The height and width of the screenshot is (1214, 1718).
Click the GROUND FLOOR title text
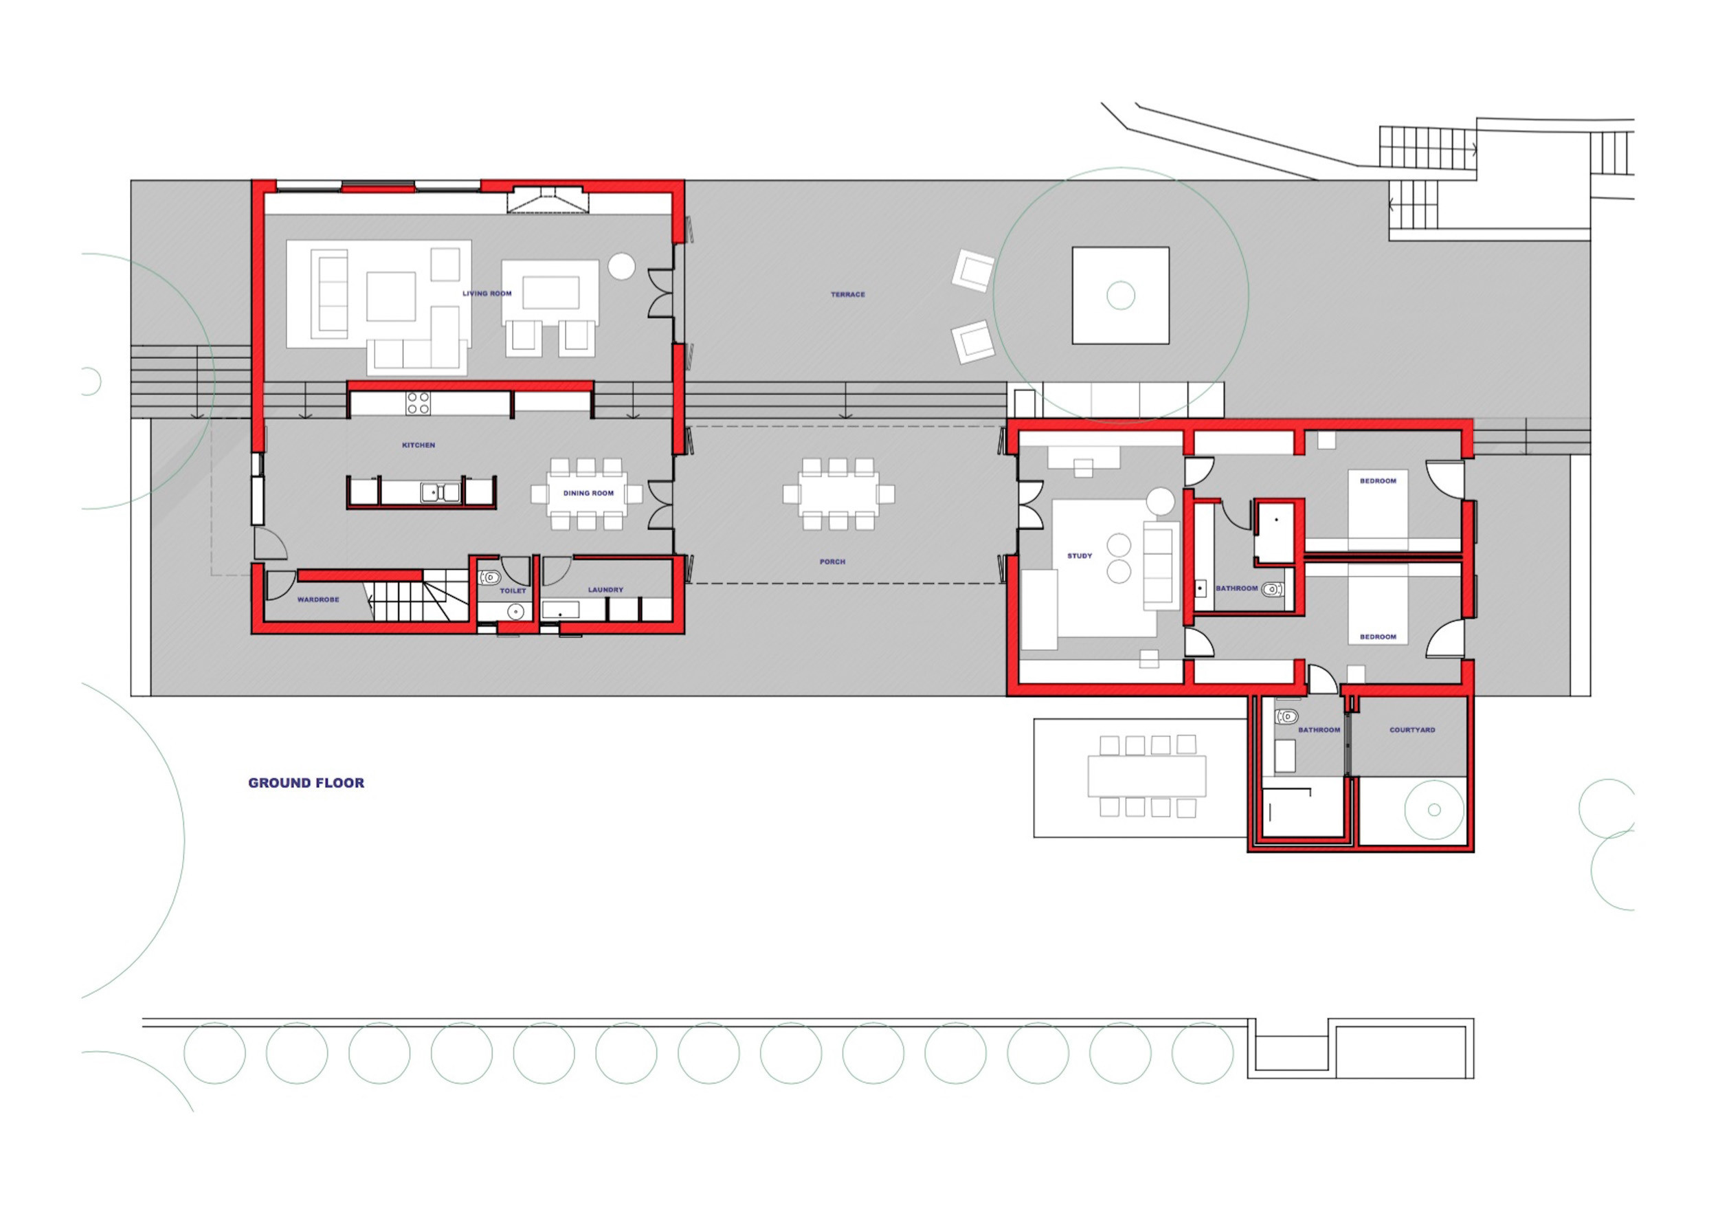(306, 783)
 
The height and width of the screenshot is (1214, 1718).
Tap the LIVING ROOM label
(487, 294)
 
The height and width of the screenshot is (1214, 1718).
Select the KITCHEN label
(419, 445)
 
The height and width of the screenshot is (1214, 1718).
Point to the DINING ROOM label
(588, 494)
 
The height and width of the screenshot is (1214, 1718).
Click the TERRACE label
(848, 295)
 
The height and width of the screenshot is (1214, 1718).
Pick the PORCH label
(832, 562)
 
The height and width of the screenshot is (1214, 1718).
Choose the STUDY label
(1080, 556)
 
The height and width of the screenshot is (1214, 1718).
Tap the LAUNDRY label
(605, 590)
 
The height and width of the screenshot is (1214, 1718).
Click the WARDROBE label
(318, 599)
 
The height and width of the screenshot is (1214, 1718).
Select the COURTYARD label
(1412, 730)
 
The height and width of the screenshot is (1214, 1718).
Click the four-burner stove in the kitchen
(419, 404)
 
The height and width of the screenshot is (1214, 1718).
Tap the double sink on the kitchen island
(440, 492)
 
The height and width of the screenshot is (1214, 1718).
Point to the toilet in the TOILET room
(489, 577)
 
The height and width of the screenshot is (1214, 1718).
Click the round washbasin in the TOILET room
(515, 612)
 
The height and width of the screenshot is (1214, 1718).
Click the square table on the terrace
(1120, 296)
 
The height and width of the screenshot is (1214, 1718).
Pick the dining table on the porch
(839, 495)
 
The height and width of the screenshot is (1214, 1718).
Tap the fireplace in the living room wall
(547, 200)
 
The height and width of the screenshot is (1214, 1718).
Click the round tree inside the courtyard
(1434, 810)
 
